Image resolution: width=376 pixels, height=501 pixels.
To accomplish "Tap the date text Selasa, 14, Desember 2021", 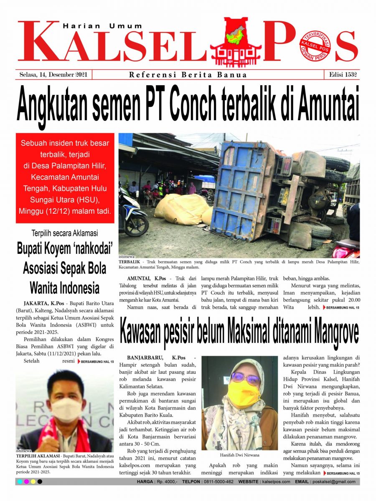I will tap(53, 75).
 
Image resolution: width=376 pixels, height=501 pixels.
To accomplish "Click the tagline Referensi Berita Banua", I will tap(188, 75).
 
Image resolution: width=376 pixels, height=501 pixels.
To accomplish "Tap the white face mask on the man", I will tap(66, 409).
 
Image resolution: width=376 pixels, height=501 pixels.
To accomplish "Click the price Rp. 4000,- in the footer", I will tap(165, 482).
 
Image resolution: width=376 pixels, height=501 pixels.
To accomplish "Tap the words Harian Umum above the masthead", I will tap(102, 26).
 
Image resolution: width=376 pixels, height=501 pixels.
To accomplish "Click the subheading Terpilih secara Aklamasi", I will tap(65, 233).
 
